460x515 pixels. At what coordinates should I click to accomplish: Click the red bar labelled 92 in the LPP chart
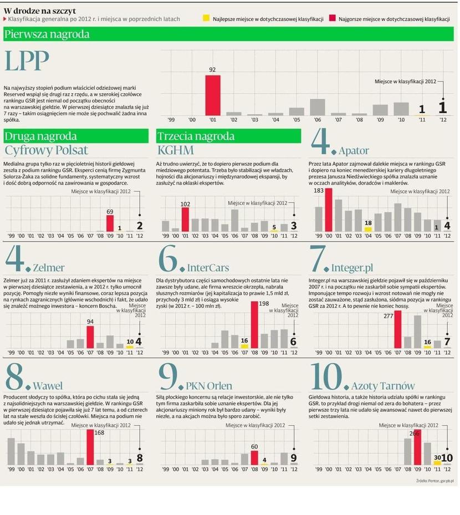point(213,95)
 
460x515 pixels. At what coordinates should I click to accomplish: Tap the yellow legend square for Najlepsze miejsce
point(207,19)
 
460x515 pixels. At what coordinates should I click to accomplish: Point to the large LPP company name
point(27,62)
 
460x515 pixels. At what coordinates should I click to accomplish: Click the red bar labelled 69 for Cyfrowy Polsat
point(110,223)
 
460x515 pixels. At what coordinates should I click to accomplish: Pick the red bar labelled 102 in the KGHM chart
point(185,220)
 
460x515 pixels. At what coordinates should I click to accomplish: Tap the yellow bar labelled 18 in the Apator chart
point(368,229)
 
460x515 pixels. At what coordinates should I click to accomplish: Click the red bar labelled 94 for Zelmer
point(90,337)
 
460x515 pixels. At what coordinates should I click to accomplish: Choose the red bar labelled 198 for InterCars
point(255,325)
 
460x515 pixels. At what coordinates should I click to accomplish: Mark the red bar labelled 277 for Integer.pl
point(398,329)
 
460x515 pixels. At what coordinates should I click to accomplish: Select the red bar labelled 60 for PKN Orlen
point(255,457)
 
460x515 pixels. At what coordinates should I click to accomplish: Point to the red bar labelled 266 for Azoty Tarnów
point(417,447)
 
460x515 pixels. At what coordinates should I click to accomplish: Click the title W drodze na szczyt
point(40,11)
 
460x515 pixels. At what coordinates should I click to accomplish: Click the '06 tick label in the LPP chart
point(318,120)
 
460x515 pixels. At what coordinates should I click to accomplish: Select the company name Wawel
point(48,386)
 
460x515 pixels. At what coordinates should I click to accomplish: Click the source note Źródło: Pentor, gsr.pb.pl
point(435,481)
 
